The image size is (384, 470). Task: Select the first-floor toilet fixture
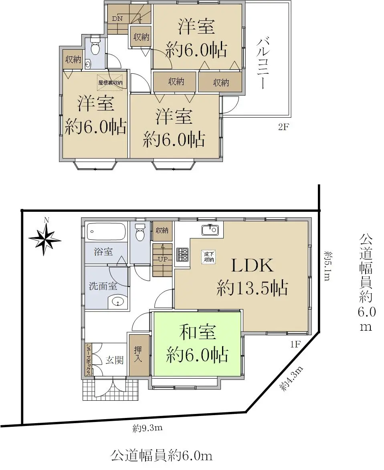[x=140, y=232]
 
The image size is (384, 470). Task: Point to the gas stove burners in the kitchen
[x=183, y=255]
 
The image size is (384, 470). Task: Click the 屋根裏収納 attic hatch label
[x=110, y=82]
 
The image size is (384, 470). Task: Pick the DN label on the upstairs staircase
[x=117, y=18]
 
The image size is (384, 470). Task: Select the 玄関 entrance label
[x=114, y=360]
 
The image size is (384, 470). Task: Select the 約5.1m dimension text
[x=327, y=266]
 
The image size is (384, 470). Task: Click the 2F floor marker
[x=283, y=127]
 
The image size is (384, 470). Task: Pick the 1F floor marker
[x=295, y=344]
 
